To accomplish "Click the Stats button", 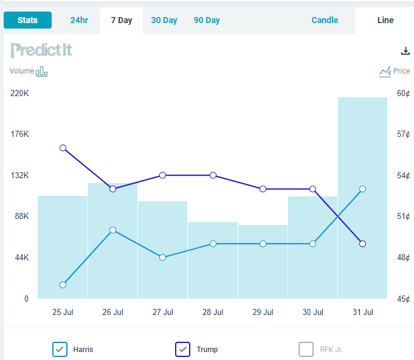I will (x=27, y=20).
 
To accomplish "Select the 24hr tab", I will (x=79, y=20).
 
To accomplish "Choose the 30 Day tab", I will (x=164, y=20).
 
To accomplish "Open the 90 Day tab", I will (x=207, y=20).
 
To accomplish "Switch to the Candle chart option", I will (x=325, y=20).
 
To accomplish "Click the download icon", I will (x=406, y=51).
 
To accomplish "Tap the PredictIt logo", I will (x=41, y=50).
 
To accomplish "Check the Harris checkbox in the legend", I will (x=60, y=349).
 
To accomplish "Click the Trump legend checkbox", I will (x=183, y=349).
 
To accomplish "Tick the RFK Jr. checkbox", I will (x=306, y=349).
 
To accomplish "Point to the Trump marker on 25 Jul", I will (x=63, y=148).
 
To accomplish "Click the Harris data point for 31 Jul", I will (x=362, y=189).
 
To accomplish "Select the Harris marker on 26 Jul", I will (x=112, y=230).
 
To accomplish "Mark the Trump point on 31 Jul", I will (x=362, y=244).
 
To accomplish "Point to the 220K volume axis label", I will (x=19, y=93).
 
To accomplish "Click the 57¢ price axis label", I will (x=404, y=134).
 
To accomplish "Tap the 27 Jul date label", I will (x=163, y=312).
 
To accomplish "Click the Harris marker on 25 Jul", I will (x=63, y=285).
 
